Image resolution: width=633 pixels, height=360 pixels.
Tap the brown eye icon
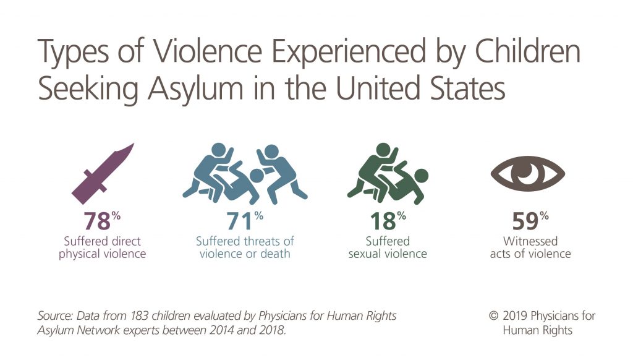click(528, 172)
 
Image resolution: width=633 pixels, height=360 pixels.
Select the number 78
click(96, 221)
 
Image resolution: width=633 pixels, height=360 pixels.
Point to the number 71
click(239, 221)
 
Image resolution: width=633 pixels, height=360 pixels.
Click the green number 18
click(381, 221)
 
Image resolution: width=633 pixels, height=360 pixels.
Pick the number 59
click(524, 221)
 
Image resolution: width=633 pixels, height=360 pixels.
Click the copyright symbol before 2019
click(493, 316)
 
